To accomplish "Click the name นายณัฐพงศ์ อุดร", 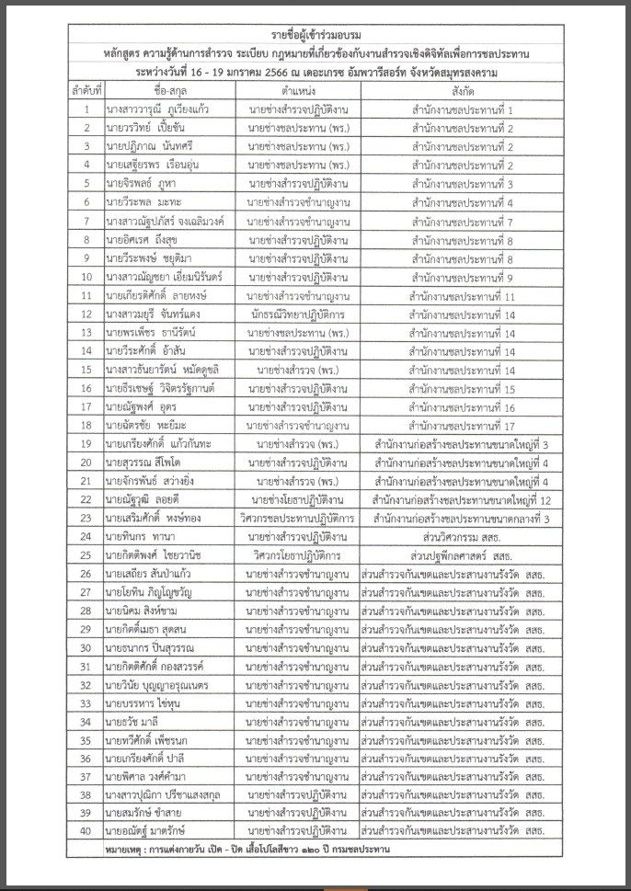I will [x=141, y=406].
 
